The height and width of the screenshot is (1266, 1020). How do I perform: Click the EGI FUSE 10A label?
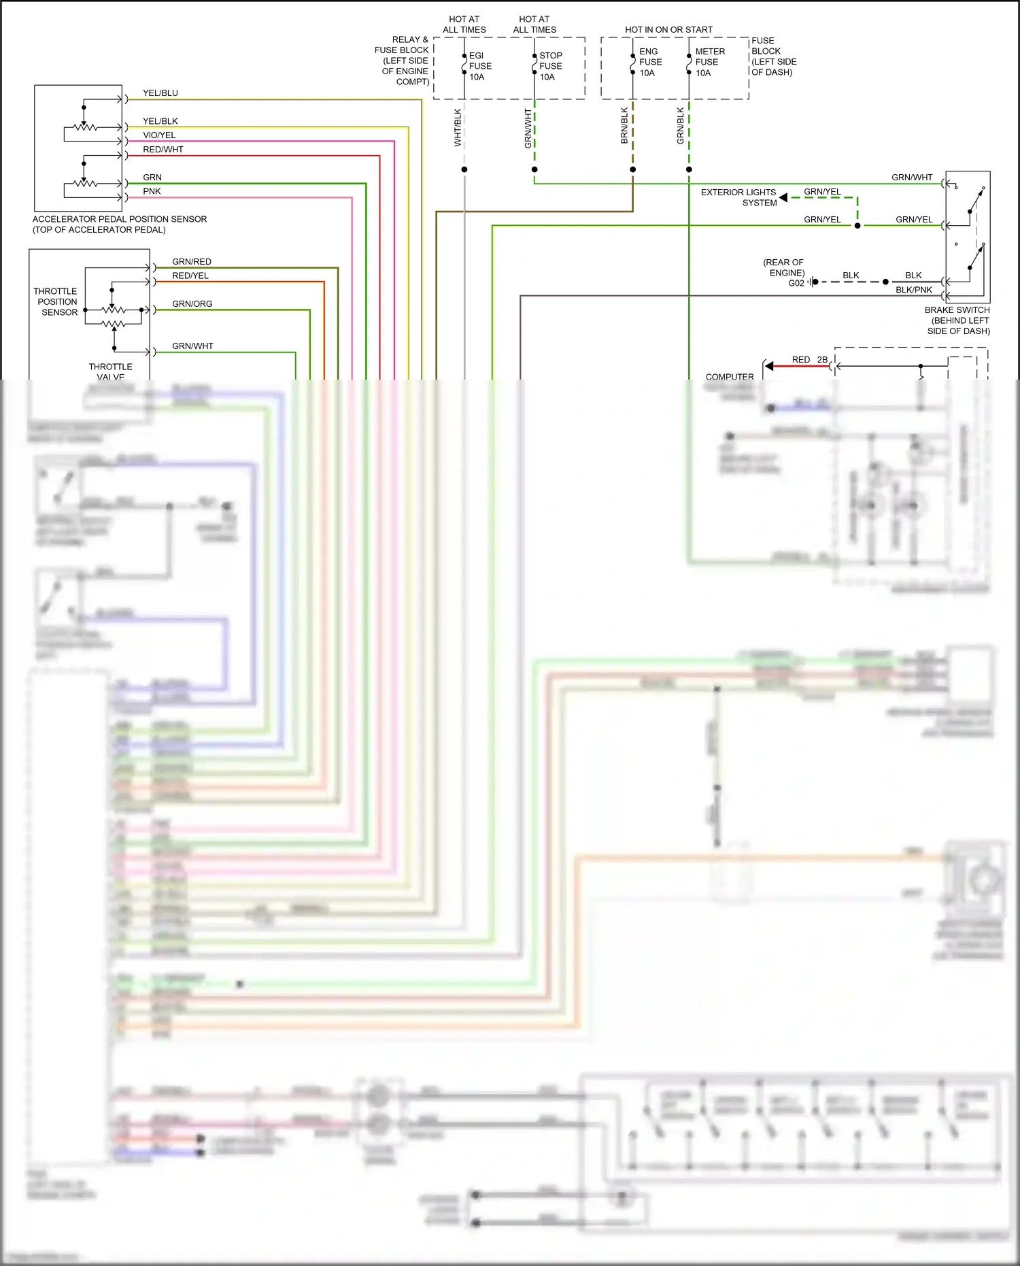click(479, 66)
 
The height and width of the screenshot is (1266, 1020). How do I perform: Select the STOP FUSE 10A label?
click(550, 66)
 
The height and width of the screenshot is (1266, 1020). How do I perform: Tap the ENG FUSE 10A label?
click(649, 62)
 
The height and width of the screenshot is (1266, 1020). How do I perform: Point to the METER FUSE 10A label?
click(709, 62)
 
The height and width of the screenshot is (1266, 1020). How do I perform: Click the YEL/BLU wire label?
click(160, 93)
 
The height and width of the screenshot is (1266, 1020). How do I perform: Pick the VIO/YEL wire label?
click(159, 135)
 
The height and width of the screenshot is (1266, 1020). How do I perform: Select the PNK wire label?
click(152, 191)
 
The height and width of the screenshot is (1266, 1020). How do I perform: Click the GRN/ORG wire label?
click(192, 304)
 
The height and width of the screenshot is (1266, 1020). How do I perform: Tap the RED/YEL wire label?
click(190, 276)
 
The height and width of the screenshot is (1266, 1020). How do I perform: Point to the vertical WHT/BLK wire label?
click(458, 128)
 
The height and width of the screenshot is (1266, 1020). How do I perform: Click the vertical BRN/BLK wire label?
click(624, 126)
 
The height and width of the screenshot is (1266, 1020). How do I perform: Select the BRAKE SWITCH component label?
click(957, 320)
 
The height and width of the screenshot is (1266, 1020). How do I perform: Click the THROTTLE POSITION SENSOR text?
click(57, 301)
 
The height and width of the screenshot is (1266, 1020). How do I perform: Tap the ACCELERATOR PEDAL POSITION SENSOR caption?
click(120, 224)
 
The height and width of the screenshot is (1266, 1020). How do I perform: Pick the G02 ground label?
click(796, 283)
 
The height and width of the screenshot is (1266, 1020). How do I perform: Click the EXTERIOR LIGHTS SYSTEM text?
click(739, 197)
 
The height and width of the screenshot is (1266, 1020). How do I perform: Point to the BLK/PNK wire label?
click(913, 290)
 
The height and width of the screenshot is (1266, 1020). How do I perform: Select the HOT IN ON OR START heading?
click(668, 30)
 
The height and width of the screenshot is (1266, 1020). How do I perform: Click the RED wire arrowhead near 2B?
click(769, 366)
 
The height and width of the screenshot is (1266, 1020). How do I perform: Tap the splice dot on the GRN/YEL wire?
click(857, 226)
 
